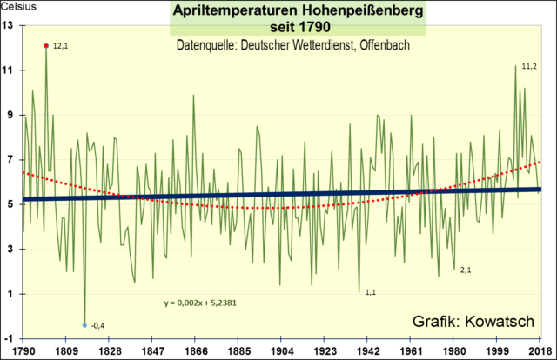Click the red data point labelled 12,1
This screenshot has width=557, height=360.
click(45, 45)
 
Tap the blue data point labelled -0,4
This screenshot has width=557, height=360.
click(84, 325)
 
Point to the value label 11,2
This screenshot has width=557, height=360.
click(528, 67)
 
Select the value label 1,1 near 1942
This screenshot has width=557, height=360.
click(370, 292)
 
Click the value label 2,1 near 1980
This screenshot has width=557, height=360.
click(466, 270)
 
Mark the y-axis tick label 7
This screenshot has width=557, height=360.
click(10, 160)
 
